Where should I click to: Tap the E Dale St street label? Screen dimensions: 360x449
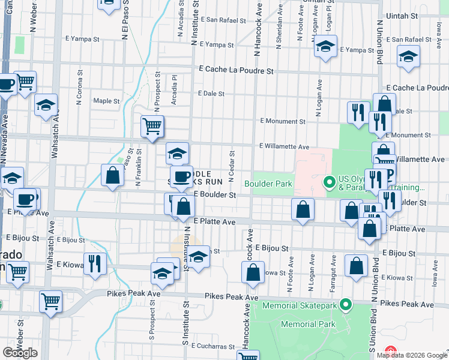(x=211, y=94)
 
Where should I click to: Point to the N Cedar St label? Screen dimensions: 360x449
(x=231, y=160)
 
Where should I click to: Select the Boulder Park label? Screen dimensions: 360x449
(x=267, y=183)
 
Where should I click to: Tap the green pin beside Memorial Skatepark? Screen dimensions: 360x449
(x=345, y=305)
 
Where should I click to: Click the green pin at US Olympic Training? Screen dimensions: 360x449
(x=329, y=181)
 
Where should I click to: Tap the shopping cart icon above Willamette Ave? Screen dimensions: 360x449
(x=152, y=127)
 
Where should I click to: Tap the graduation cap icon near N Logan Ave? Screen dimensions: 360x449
(x=325, y=47)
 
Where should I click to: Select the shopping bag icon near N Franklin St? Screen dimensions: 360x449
(x=112, y=176)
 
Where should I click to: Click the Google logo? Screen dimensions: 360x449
(x=20, y=352)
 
